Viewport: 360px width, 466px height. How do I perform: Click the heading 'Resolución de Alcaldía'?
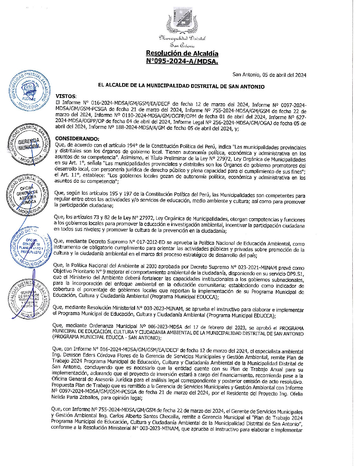coord(182,54)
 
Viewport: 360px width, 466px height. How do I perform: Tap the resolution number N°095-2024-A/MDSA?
coord(182,61)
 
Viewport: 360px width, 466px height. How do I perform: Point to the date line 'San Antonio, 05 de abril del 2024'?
coord(269,75)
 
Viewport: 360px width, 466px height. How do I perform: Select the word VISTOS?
coord(66,96)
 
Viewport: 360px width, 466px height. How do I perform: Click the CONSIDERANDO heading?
coord(77,139)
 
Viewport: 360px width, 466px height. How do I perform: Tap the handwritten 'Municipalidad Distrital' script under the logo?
coord(182,38)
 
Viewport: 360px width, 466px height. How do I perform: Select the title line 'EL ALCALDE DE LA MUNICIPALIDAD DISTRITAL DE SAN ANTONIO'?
coord(181,86)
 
